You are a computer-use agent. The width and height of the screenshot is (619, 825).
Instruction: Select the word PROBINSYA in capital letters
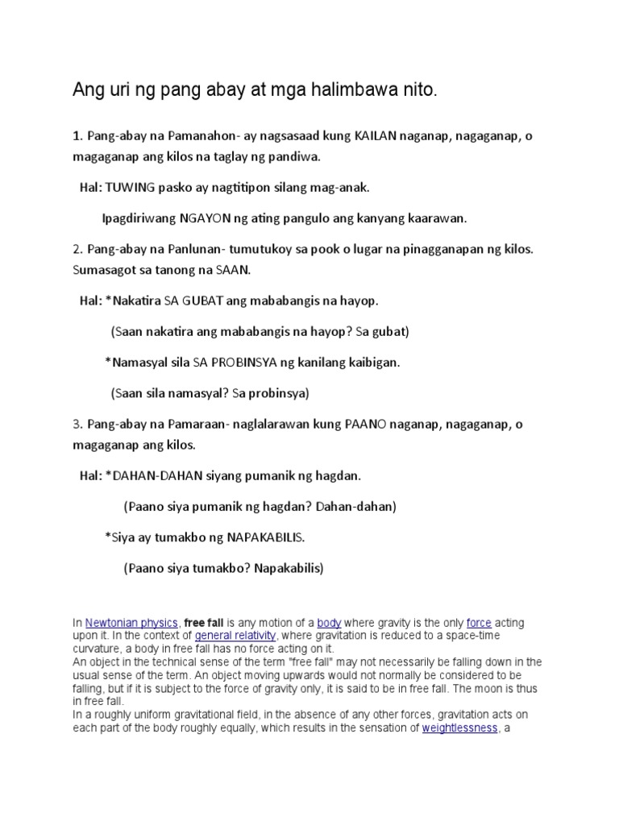coord(239,363)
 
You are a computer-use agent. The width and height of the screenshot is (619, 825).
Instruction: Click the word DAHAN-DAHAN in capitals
coord(151,476)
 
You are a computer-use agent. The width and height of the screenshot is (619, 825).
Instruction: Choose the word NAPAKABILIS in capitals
coord(266,537)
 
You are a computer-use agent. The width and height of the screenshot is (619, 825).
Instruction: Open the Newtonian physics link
coord(132,623)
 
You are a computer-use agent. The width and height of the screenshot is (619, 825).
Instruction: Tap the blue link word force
coord(478,623)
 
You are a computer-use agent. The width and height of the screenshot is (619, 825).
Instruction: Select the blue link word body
coord(329,623)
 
